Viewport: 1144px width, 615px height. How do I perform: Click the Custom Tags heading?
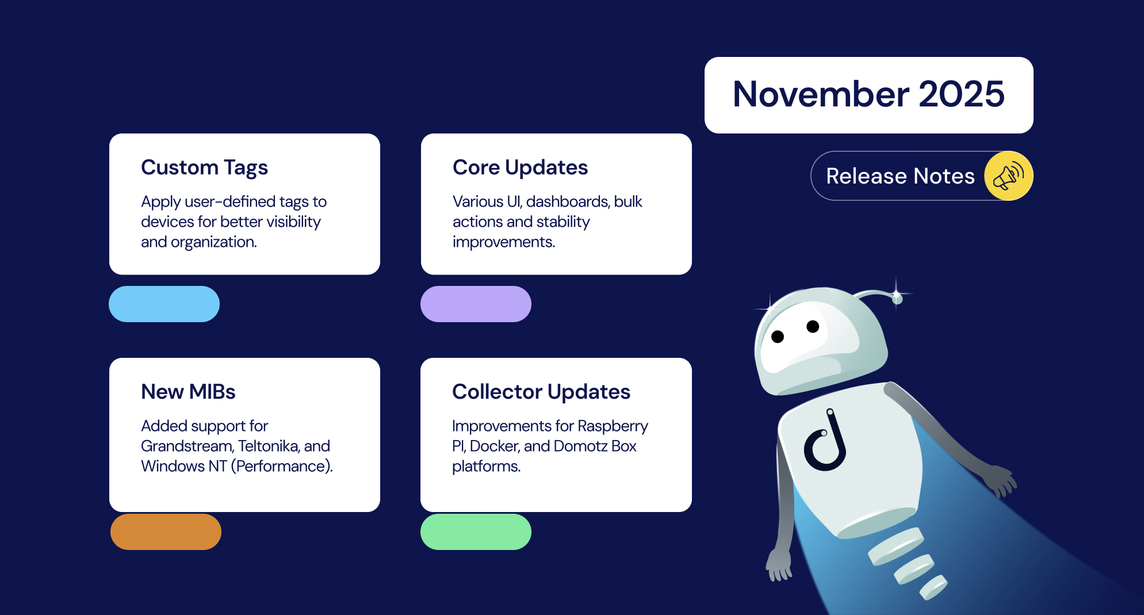[204, 167]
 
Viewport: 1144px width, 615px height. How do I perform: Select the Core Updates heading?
[520, 167]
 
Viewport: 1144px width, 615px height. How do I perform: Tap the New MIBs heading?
[188, 392]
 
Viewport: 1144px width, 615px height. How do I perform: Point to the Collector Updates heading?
[541, 392]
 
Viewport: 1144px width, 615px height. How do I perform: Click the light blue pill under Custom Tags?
[164, 304]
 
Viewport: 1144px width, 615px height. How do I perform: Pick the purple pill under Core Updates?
[476, 304]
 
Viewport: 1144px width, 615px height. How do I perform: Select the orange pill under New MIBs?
[166, 532]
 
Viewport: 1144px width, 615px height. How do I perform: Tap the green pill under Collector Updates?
[476, 532]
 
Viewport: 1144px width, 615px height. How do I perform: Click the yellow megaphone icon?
[1008, 176]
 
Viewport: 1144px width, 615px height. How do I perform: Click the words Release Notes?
[900, 176]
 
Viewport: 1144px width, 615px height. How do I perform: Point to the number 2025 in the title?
[961, 94]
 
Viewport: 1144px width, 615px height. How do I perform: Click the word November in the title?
[821, 94]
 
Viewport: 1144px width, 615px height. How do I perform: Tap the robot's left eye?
[778, 337]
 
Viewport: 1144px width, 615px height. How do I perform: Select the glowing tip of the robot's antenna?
[897, 297]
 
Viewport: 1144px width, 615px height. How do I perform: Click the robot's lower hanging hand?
[778, 567]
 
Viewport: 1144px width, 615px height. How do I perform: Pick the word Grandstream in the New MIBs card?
[187, 446]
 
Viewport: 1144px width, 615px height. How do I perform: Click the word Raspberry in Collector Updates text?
[613, 426]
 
